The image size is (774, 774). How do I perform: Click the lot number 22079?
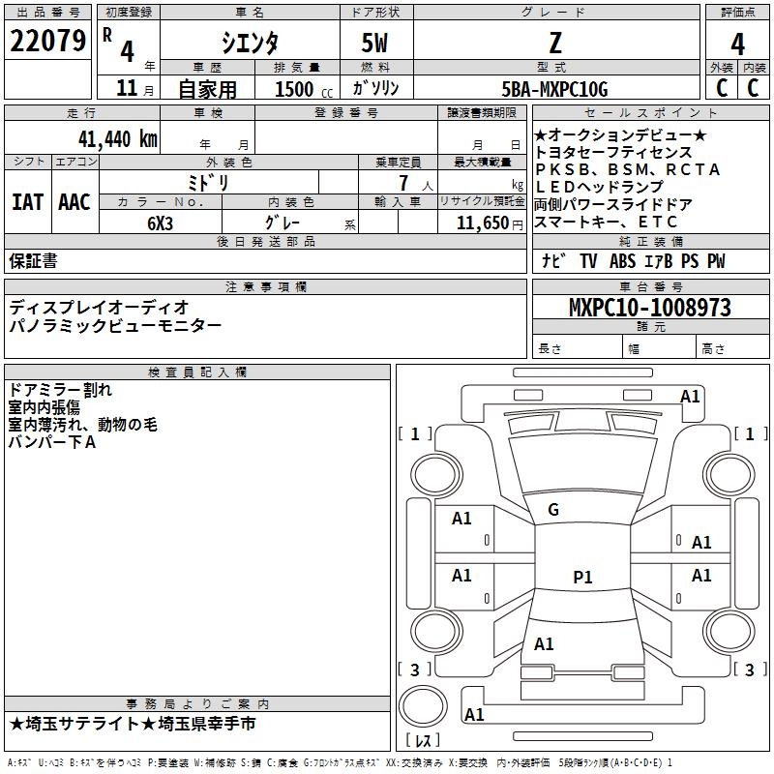pyautogui.click(x=47, y=42)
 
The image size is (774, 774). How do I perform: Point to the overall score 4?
pyautogui.click(x=737, y=45)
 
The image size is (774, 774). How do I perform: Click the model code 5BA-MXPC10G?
pyautogui.click(x=555, y=89)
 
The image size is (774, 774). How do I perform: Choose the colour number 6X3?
pyautogui.click(x=161, y=222)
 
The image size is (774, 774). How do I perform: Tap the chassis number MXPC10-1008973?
pyautogui.click(x=649, y=308)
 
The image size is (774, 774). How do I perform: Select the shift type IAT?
pyautogui.click(x=27, y=202)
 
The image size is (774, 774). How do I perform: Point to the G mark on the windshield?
pyautogui.click(x=552, y=510)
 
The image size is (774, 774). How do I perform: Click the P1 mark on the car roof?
pyautogui.click(x=582, y=578)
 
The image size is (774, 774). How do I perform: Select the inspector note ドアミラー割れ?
pyautogui.click(x=60, y=390)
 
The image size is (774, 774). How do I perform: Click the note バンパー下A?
pyautogui.click(x=52, y=442)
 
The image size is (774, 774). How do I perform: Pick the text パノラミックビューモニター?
pyautogui.click(x=115, y=326)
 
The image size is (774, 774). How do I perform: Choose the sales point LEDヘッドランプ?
pyautogui.click(x=599, y=187)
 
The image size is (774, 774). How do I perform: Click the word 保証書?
pyautogui.click(x=33, y=260)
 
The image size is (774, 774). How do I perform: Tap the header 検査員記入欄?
pyautogui.click(x=197, y=372)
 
